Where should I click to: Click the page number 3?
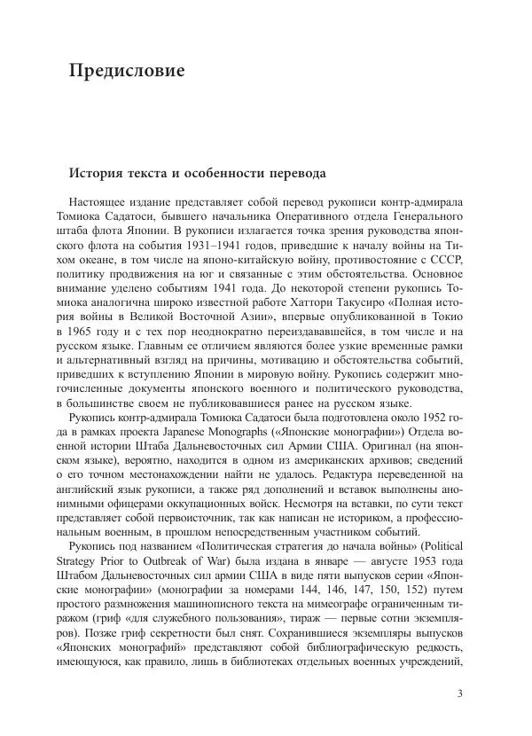(x=460, y=693)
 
